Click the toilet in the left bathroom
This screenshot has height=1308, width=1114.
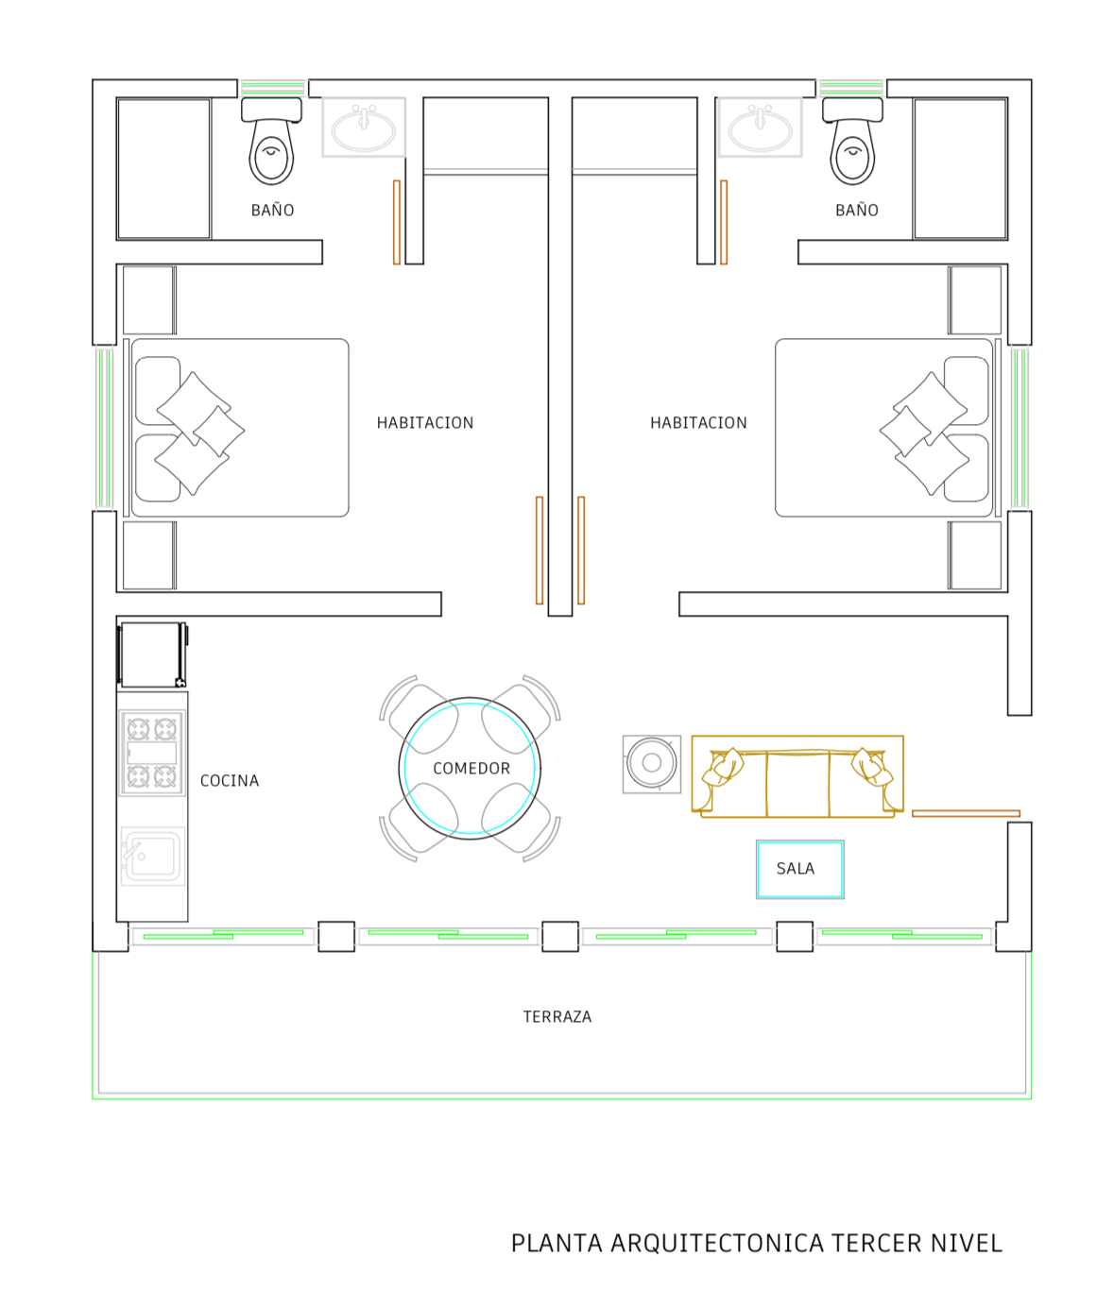pyautogui.click(x=271, y=142)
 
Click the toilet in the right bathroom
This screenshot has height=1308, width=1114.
pyautogui.click(x=852, y=142)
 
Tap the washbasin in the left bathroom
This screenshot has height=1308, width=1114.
pyautogui.click(x=364, y=127)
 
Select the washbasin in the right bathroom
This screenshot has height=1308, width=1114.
pyautogui.click(x=761, y=127)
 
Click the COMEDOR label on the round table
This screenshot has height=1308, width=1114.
pyautogui.click(x=471, y=768)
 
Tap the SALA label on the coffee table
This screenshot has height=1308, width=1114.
pyautogui.click(x=796, y=869)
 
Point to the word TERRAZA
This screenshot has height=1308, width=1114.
pyautogui.click(x=557, y=1017)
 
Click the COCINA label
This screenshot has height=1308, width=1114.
pyautogui.click(x=230, y=781)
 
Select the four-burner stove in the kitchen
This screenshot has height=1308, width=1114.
pyautogui.click(x=152, y=753)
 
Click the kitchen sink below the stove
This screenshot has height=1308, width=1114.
pyautogui.click(x=152, y=857)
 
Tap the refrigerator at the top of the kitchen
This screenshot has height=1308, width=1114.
pyautogui.click(x=152, y=655)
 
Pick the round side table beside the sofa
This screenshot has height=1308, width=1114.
pyautogui.click(x=652, y=764)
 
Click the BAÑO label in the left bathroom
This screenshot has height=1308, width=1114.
pyautogui.click(x=273, y=210)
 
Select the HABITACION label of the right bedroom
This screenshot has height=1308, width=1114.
pyautogui.click(x=699, y=423)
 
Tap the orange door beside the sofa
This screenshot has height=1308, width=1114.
pyautogui.click(x=966, y=814)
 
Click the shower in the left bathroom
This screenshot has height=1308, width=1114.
pyautogui.click(x=164, y=168)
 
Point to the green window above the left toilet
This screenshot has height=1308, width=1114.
pyautogui.click(x=273, y=87)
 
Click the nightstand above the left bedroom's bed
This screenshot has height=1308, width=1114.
pyautogui.click(x=149, y=300)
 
